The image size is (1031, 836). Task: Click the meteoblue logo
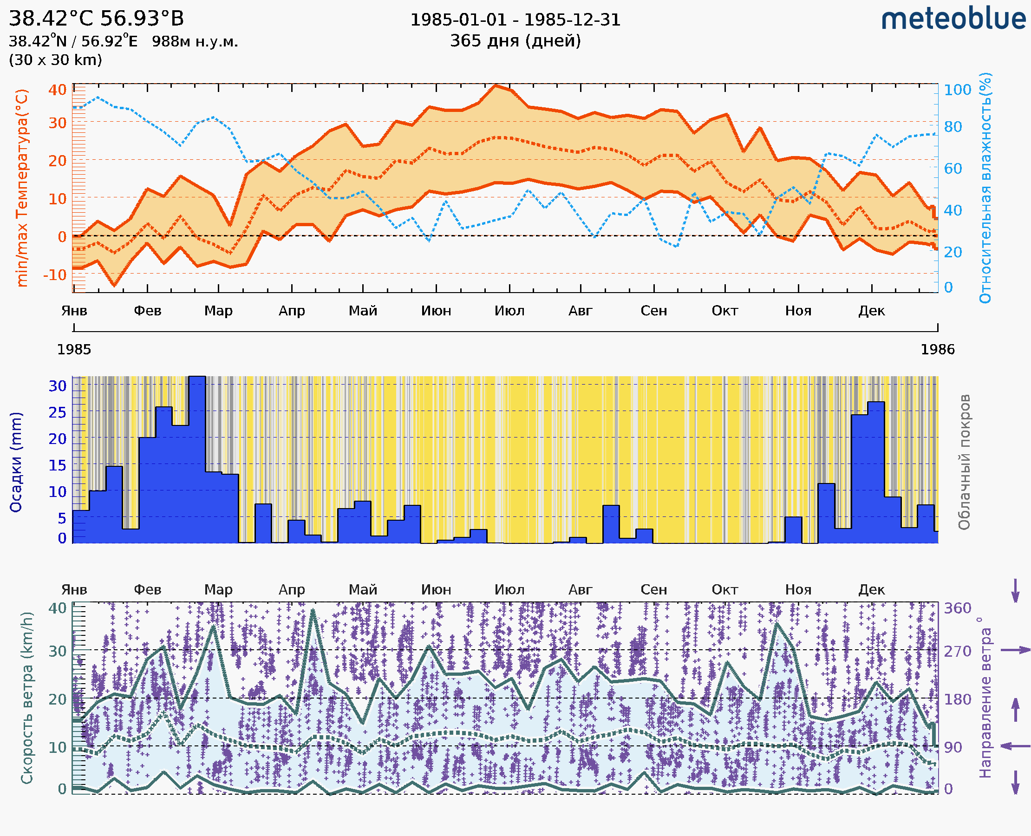(953, 19)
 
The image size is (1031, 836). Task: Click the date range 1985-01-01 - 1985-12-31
(515, 20)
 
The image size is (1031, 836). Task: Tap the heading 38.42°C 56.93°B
(96, 19)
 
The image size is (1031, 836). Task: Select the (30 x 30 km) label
(55, 60)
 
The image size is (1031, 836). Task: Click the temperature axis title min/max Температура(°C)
(22, 188)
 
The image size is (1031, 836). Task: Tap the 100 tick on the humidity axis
(957, 90)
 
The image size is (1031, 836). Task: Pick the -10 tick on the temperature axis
(55, 275)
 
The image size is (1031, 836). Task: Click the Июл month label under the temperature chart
(509, 311)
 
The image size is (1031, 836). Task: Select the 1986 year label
(937, 349)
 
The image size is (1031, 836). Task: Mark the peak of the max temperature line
(496, 86)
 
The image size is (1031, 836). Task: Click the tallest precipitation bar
(197, 457)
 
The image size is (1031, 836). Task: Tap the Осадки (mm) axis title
(16, 462)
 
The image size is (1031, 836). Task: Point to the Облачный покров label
(964, 462)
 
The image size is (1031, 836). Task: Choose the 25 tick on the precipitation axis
(57, 412)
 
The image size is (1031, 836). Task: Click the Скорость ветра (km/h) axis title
(27, 698)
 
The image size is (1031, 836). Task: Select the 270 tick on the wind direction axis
(957, 651)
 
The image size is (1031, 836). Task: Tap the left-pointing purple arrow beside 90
(1015, 746)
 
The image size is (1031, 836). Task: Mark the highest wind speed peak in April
(313, 611)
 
